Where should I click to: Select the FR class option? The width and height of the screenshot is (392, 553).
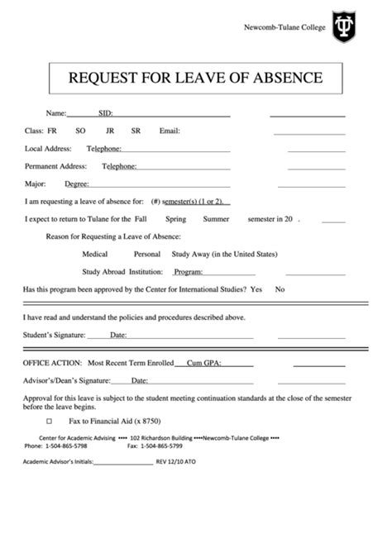pyautogui.click(x=52, y=131)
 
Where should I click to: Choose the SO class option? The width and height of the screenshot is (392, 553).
pyautogui.click(x=79, y=131)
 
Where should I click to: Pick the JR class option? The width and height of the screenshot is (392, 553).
pyautogui.click(x=110, y=131)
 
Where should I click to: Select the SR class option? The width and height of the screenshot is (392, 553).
pyautogui.click(x=136, y=131)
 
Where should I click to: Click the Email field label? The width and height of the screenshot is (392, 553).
pyautogui.click(x=170, y=131)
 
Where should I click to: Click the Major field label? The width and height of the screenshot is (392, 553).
pyautogui.click(x=35, y=184)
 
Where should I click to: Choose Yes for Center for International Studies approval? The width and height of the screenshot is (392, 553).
pyautogui.click(x=256, y=289)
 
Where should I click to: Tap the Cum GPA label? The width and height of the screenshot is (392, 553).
pyautogui.click(x=208, y=363)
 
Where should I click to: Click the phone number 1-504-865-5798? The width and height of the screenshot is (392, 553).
pyautogui.click(x=68, y=445)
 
